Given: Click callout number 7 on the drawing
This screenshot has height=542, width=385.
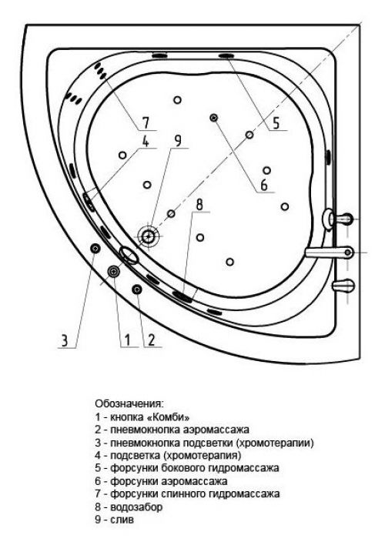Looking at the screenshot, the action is [146, 122].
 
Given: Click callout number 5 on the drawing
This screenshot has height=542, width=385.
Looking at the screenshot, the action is [276, 122].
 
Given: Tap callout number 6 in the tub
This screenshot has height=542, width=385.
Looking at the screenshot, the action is [263, 185].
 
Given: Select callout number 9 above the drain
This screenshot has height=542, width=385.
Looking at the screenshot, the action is [178, 140].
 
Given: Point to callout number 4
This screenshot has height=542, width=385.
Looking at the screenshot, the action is [146, 140].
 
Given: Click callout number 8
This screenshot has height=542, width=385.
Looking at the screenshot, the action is [199, 204].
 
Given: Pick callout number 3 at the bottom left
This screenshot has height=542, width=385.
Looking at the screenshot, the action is [65, 340].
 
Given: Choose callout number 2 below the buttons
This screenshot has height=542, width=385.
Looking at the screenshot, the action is [151, 340].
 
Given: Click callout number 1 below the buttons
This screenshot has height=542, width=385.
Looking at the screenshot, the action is [127, 340].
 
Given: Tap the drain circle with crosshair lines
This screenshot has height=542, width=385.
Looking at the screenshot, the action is [149, 236].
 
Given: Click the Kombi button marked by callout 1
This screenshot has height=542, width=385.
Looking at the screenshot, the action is [113, 272].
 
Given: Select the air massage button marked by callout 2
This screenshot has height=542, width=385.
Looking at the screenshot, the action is [137, 289].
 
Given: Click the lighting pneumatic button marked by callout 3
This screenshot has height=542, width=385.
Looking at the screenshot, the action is [95, 248].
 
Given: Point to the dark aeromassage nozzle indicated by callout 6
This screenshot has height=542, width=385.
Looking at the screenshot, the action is [214, 118].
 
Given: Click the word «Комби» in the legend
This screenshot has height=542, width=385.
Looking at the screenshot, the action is [168, 417].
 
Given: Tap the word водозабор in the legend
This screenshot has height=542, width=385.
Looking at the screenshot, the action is [136, 507].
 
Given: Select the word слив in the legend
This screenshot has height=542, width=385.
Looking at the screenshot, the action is [122, 520].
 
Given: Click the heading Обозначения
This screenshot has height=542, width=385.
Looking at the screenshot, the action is [129, 403].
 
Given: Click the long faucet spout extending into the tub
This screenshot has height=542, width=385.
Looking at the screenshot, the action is [329, 253].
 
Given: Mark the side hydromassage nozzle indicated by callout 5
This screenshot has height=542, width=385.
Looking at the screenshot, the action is [226, 55].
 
